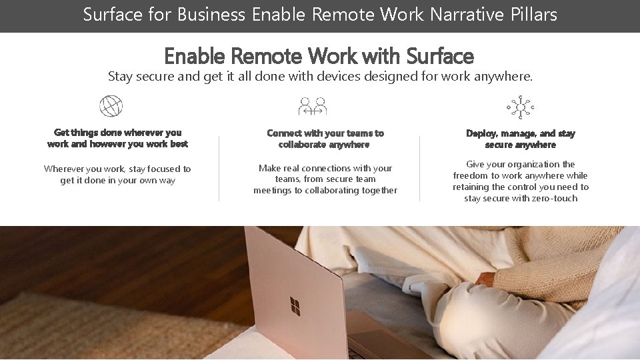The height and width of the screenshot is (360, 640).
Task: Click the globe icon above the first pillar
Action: [x=111, y=106]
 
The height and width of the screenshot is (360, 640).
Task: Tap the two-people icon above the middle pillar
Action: [x=313, y=106]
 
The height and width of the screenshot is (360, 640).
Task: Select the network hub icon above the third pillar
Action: [x=520, y=106]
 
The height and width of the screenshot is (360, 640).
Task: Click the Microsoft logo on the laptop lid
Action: [x=295, y=307]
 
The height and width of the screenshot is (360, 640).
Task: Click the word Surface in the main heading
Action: [x=440, y=56]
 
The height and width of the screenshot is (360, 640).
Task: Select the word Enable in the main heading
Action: [x=194, y=56]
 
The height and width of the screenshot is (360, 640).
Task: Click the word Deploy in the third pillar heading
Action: [x=481, y=133]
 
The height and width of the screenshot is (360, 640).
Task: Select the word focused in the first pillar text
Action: [x=155, y=169]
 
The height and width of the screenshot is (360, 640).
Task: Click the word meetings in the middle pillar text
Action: [x=273, y=190]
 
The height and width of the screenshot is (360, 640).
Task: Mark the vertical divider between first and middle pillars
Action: [x=219, y=168]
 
